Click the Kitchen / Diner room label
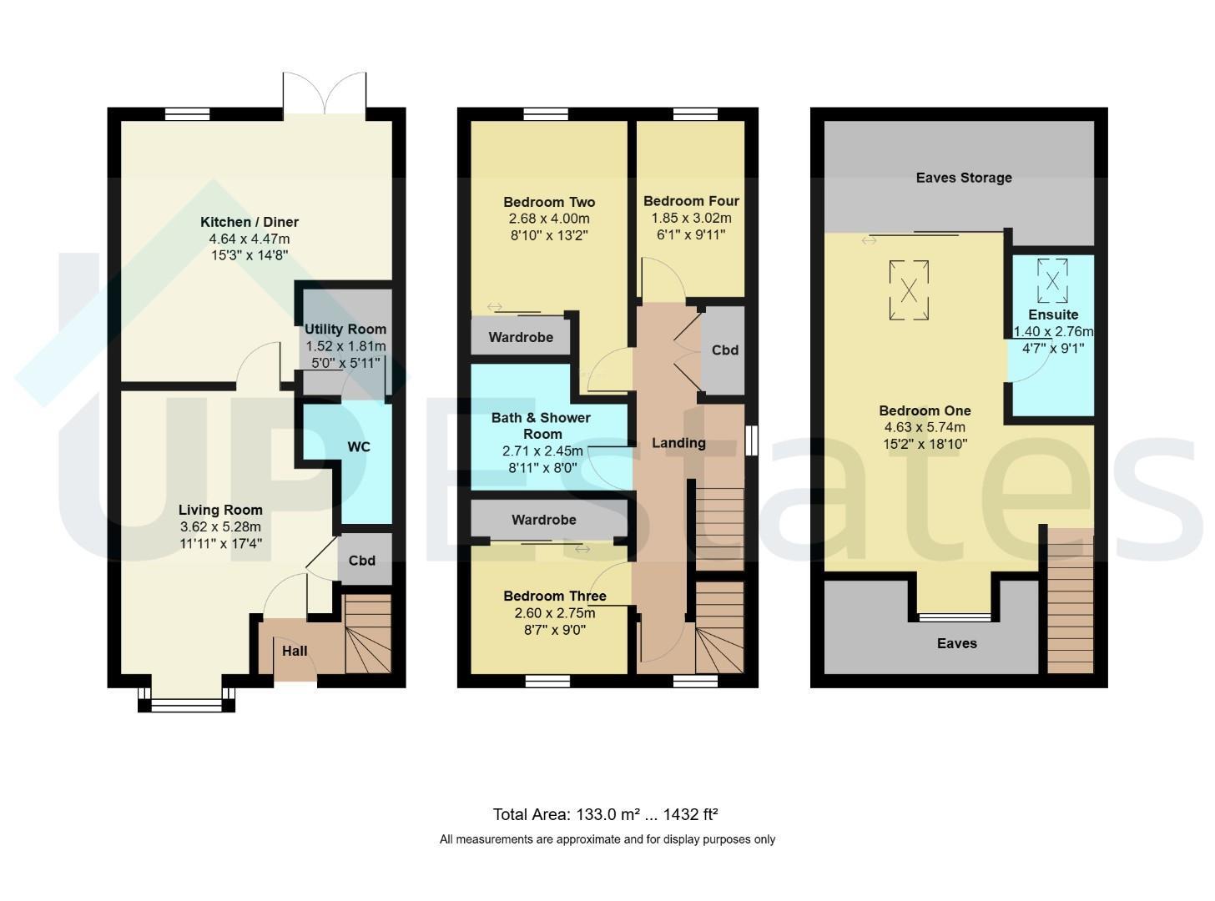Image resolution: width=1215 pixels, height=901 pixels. pos(250,222)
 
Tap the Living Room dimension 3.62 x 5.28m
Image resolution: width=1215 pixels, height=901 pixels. pos(220,527)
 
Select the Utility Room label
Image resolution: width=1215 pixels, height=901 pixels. pos(345,330)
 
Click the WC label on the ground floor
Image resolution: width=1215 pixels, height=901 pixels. pos(359,447)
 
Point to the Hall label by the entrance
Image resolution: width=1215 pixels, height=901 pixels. pos(295,652)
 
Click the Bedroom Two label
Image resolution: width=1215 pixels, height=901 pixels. pos(549,202)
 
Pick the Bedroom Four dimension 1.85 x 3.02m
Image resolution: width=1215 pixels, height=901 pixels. pos(691,218)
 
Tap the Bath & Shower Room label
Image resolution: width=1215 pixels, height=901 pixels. pos(542,425)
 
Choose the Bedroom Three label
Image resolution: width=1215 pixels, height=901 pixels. pos(555,596)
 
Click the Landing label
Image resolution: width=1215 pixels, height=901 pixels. pos(678,443)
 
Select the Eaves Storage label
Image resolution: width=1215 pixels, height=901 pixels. pos(964,178)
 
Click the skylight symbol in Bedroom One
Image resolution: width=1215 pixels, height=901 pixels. pos(909,290)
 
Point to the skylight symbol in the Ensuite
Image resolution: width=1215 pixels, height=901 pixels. pos(1052,281)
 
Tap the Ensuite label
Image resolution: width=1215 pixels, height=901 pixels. pos(1053,315)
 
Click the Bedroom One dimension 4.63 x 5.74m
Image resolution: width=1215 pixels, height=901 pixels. pos(925,427)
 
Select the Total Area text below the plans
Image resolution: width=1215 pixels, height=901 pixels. pos(605,815)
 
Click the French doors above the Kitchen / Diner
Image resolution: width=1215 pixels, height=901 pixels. pos(325,93)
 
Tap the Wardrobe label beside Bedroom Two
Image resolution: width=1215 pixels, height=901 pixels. pos(521,337)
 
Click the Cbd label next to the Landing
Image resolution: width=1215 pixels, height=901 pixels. pos(725,350)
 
